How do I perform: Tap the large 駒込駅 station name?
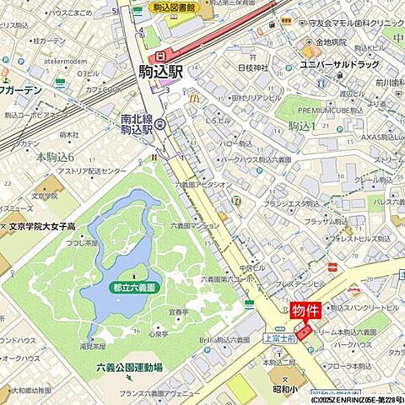click(160, 73)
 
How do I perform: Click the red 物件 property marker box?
click(305, 310)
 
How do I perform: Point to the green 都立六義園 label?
click(134, 287)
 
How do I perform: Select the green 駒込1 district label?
click(301, 126)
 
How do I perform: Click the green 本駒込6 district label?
click(55, 156)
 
